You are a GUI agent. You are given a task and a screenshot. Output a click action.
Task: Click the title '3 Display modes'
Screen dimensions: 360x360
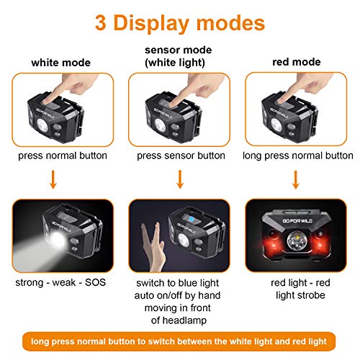(179, 24)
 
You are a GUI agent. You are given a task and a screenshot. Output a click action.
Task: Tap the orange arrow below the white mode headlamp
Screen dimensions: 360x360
(53, 179)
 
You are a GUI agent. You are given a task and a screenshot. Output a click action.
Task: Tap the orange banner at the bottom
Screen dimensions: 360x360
(180, 341)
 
